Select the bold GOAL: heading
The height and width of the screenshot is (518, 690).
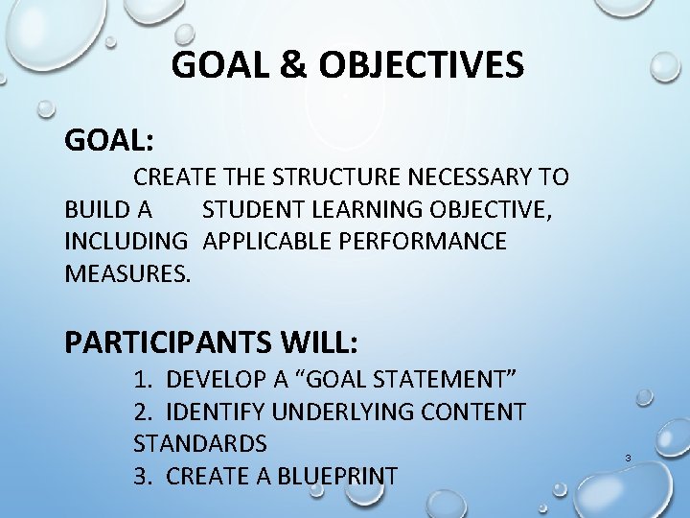pos(109,140)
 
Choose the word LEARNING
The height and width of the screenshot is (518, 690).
pos(367,209)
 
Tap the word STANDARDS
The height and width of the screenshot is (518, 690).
pos(200,444)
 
